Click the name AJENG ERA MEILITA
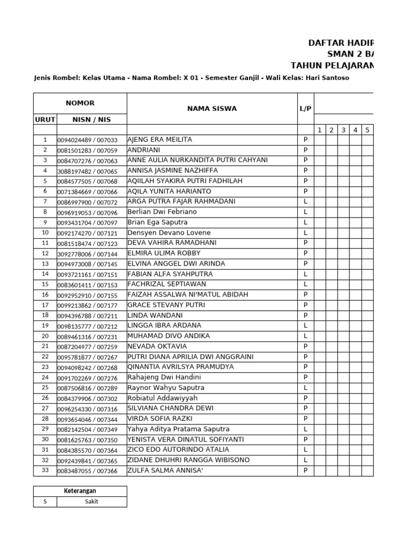click(x=160, y=140)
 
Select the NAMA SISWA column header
click(x=211, y=109)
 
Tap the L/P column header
click(x=305, y=109)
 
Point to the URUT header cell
click(x=45, y=119)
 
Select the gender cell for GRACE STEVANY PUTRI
click(x=305, y=305)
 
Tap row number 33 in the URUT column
click(x=45, y=470)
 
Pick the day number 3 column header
click(x=343, y=130)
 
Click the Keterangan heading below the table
click(x=80, y=491)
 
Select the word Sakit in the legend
click(x=91, y=502)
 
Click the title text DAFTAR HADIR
click(x=341, y=43)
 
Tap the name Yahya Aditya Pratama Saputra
click(x=178, y=429)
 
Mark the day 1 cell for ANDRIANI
click(x=320, y=150)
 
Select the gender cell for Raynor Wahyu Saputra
click(x=305, y=388)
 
